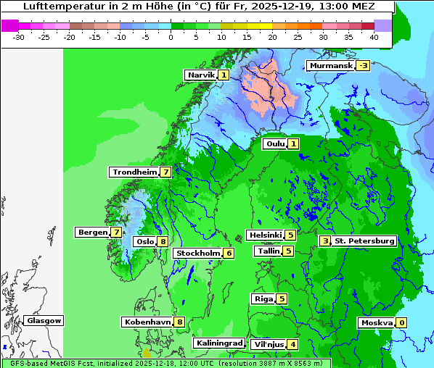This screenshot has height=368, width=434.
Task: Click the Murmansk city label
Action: tap(331, 66)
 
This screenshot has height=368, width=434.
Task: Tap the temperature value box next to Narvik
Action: tap(224, 75)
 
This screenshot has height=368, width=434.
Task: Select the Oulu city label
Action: tap(275, 144)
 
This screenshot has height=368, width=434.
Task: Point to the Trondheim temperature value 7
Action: tap(166, 172)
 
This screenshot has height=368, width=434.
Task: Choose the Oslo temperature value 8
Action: tap(163, 242)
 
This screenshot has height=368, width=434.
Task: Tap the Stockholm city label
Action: tap(197, 254)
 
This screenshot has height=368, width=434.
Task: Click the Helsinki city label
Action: tap(265, 235)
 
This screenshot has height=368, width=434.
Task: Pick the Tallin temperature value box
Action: tap(288, 251)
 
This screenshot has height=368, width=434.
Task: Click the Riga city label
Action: tap(263, 299)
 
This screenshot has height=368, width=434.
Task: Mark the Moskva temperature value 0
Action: tap(401, 323)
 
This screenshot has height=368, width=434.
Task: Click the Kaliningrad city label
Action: tap(218, 343)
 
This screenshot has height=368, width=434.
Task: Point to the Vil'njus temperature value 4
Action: tap(292, 344)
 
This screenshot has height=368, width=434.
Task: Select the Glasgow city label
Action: tap(44, 321)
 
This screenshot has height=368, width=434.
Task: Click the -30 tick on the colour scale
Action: tap(20, 36)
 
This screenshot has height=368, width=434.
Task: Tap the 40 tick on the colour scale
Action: tap(373, 36)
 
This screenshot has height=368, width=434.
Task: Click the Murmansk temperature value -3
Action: tap(363, 66)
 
